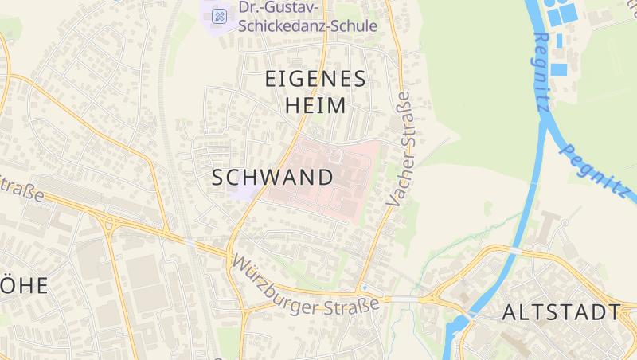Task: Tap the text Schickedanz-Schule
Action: (x=307, y=25)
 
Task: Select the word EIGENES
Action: (x=315, y=79)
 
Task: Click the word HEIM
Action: (x=315, y=105)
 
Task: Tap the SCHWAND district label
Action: (x=272, y=178)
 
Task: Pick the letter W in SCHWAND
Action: (x=276, y=178)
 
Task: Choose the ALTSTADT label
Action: (x=561, y=312)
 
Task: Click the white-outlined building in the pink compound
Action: (x=335, y=155)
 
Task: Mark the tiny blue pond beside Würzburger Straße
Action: (x=363, y=287)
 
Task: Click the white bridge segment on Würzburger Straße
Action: (x=407, y=299)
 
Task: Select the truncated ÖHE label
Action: (x=24, y=285)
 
